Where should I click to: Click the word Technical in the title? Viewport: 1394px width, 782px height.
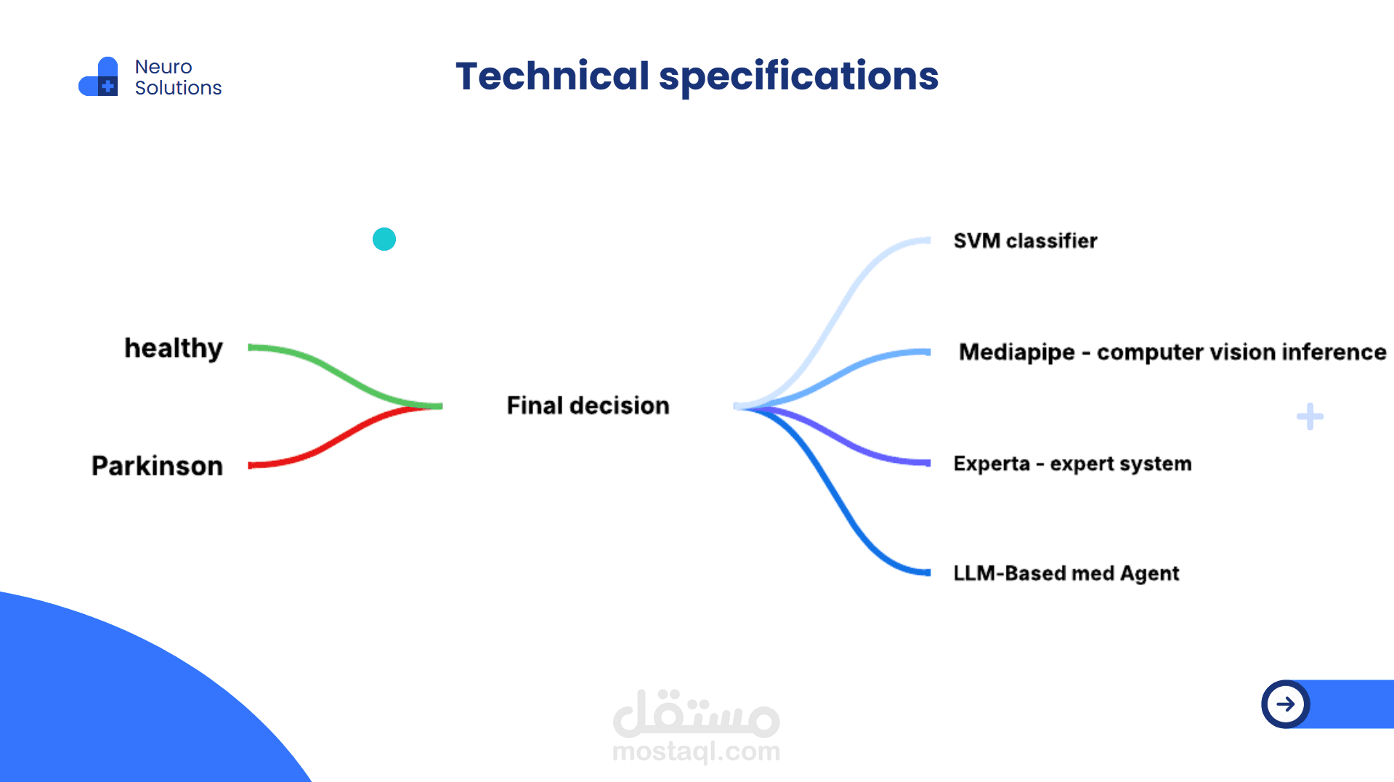552,76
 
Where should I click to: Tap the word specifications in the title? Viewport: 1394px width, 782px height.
798,77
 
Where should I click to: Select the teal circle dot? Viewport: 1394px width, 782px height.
384,239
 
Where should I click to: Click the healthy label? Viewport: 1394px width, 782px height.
174,348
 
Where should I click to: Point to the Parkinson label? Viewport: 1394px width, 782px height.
157,466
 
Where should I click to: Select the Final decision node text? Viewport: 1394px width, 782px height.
588,406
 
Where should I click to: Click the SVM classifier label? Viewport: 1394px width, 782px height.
1025,241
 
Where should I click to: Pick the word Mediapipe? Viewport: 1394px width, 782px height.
1016,352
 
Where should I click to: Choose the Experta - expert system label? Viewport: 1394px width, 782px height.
1072,464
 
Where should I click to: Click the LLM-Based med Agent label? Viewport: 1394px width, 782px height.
1066,573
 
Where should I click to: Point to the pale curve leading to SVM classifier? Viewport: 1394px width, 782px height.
843,305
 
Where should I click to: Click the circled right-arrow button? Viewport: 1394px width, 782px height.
1285,704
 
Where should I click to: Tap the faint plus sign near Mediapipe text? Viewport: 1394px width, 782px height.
1310,416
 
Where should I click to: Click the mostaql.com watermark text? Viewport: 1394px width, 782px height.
696,751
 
